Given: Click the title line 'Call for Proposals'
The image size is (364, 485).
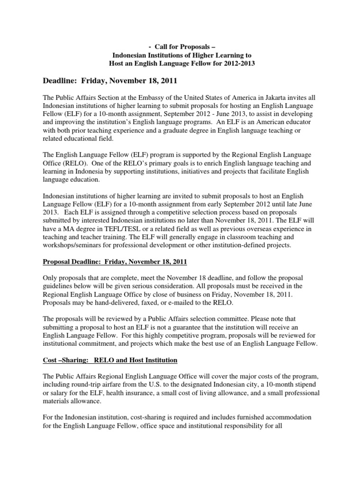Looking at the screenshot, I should click(182, 47).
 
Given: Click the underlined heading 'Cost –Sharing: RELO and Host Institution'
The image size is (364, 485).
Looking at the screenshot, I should click(110, 360).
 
